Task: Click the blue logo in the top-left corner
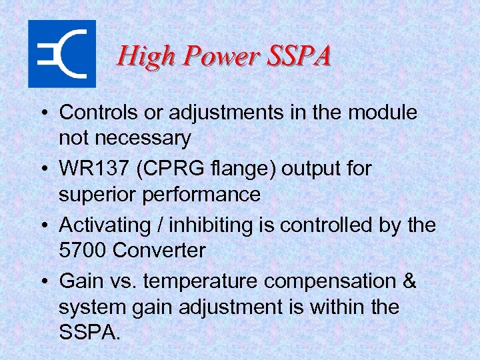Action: click(x=61, y=54)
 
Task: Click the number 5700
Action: click(x=83, y=251)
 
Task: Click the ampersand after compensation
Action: click(x=409, y=281)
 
